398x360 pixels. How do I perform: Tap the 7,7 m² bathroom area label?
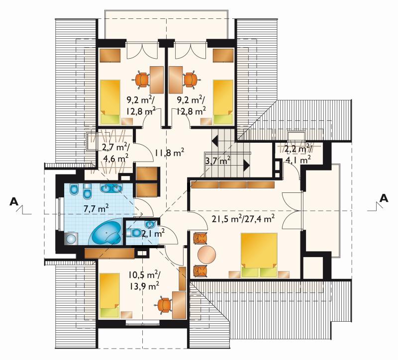[96, 208]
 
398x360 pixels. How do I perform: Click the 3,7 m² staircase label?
[218, 161]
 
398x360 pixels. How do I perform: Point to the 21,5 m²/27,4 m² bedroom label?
[243, 218]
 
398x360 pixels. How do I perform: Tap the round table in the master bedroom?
[207, 254]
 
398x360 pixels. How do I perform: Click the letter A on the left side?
[14, 201]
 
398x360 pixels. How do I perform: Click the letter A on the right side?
[384, 198]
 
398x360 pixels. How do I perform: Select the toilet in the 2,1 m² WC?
[134, 232]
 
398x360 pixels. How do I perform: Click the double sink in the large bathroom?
[111, 188]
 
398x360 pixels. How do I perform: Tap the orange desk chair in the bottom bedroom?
[164, 305]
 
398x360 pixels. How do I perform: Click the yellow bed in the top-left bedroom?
[110, 102]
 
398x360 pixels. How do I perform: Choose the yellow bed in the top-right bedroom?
[223, 102]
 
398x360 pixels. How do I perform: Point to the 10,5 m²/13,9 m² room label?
[144, 280]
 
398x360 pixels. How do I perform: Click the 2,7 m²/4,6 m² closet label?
[115, 153]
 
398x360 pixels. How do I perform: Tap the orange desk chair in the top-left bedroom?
[141, 80]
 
